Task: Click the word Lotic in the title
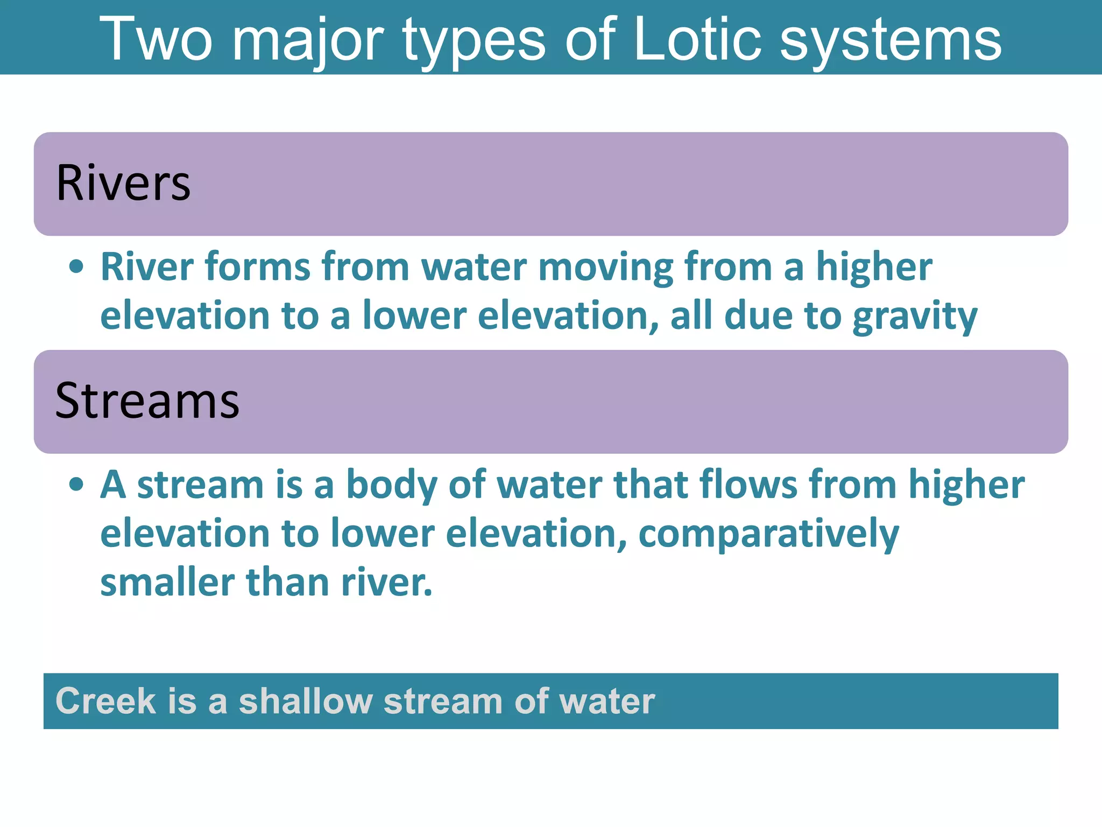click(x=697, y=39)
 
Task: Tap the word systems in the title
click(x=890, y=40)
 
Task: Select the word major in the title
click(x=307, y=40)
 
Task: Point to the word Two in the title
click(x=156, y=39)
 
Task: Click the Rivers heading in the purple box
click(x=123, y=184)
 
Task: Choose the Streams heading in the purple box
click(x=147, y=401)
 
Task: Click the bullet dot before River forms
click(x=76, y=267)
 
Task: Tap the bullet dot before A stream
click(x=76, y=485)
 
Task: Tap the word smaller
click(x=167, y=583)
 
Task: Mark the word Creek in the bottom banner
click(x=105, y=701)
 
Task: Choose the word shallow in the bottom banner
click(x=305, y=701)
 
